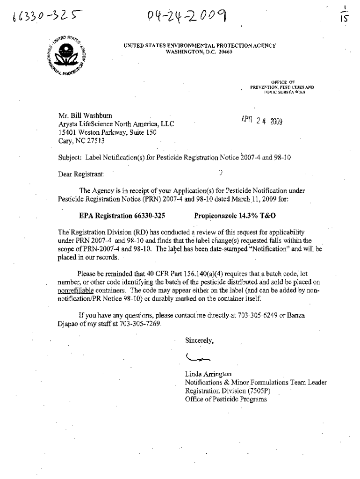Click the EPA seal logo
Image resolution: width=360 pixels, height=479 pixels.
[65, 55]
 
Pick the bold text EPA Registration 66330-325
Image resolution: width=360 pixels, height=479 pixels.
[122, 216]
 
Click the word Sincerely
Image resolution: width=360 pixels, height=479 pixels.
[200, 341]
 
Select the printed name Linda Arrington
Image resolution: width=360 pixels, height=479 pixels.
[208, 374]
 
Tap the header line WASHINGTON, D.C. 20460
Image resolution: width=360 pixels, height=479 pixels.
[199, 51]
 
